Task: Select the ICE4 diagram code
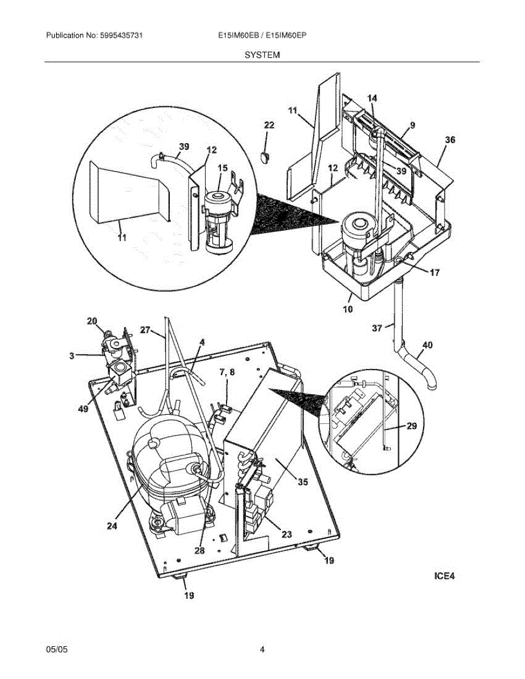pyautogui.click(x=444, y=577)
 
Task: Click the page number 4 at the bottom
pyautogui.click(x=262, y=650)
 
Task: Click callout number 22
pyautogui.click(x=269, y=125)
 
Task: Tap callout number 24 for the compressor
pyautogui.click(x=112, y=526)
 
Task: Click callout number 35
pyautogui.click(x=303, y=482)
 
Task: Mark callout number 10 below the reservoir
pyautogui.click(x=347, y=309)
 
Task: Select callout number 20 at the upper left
pyautogui.click(x=92, y=321)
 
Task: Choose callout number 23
pyautogui.click(x=287, y=534)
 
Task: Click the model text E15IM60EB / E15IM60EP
pyautogui.click(x=262, y=35)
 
